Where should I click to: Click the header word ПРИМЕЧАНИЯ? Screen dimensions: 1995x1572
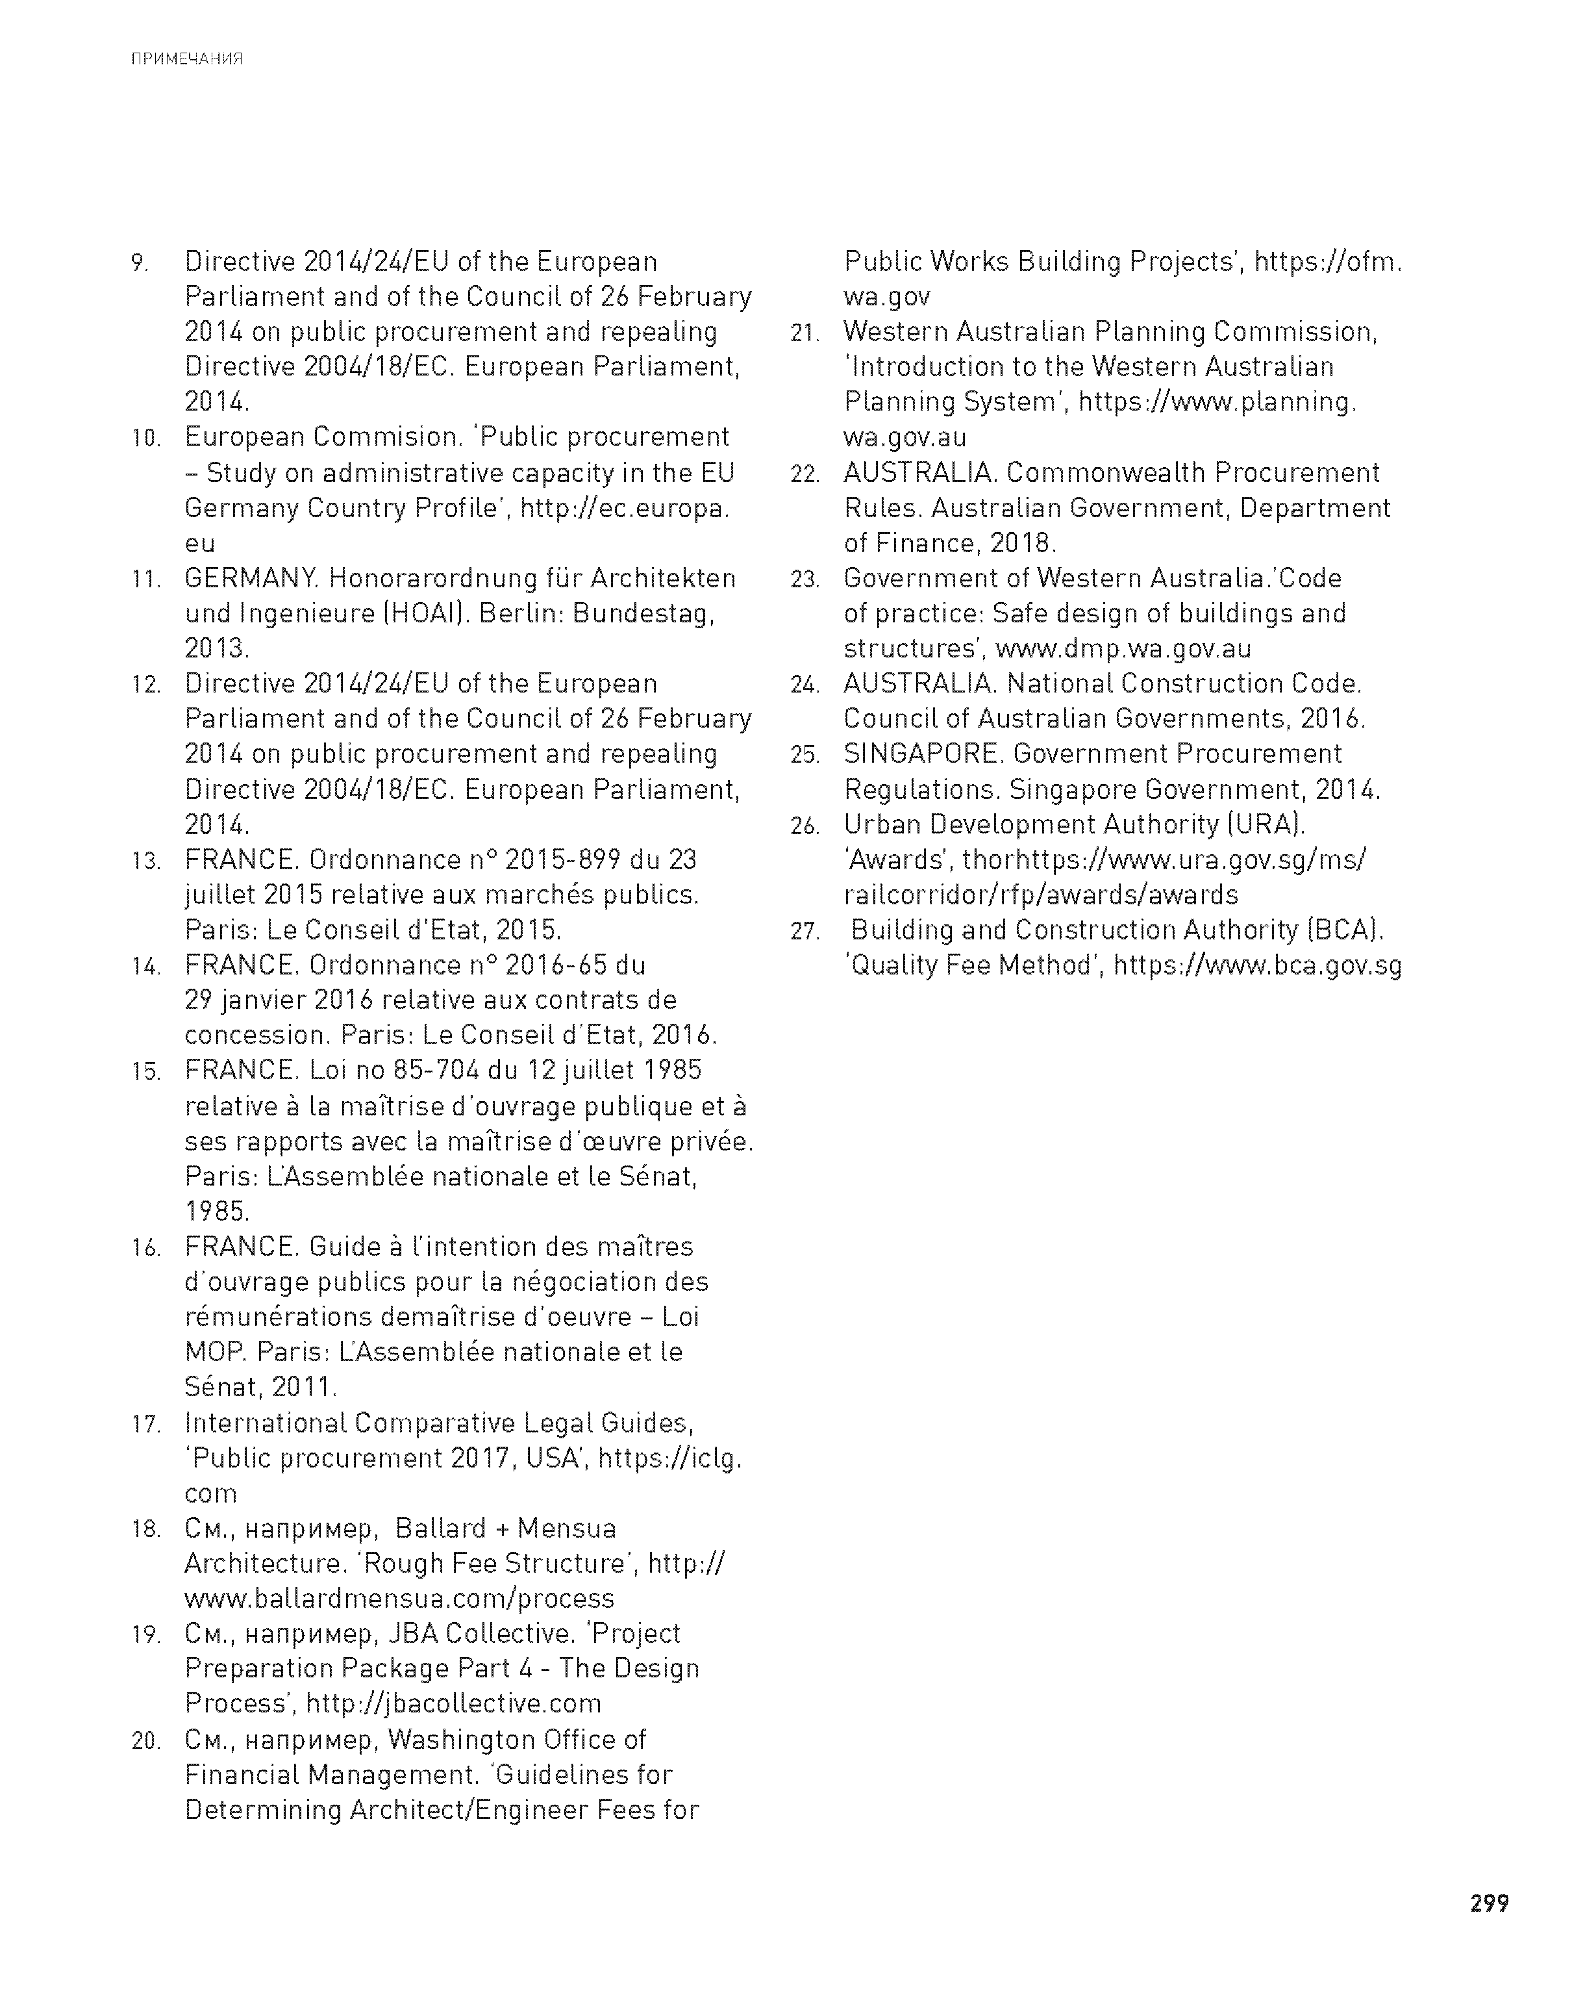187,60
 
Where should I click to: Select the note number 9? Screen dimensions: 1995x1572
139,263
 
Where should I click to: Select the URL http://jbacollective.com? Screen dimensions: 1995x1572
453,1704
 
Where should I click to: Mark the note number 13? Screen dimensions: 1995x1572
145,861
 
